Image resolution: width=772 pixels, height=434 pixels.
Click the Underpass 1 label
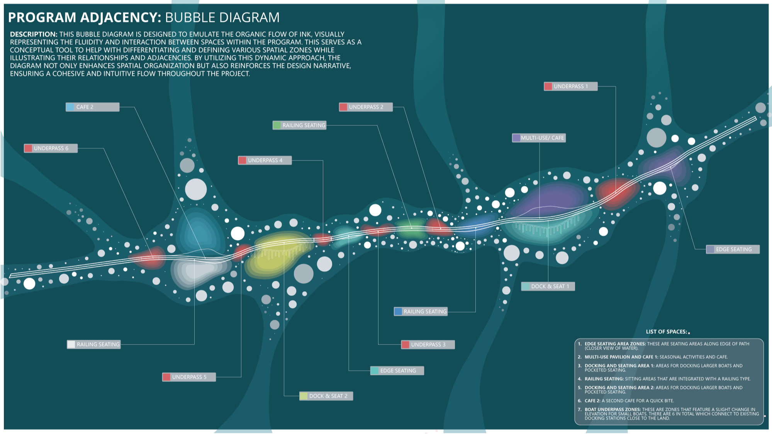[570, 86]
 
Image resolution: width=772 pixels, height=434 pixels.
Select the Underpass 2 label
[366, 107]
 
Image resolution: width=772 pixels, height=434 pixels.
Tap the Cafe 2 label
[92, 107]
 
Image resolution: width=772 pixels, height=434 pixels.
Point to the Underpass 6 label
[51, 148]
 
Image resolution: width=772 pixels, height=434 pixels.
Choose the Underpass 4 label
[265, 160]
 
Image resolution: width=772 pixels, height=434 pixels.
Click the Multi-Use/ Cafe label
[539, 138]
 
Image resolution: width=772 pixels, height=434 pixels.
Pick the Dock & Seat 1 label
[548, 286]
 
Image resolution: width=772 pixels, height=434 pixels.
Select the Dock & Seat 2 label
[326, 396]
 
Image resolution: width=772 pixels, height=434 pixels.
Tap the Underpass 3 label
[428, 344]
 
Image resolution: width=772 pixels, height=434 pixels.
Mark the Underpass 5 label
[189, 377]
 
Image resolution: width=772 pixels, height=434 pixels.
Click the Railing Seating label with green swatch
[300, 125]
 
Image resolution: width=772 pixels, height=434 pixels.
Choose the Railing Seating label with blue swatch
[421, 311]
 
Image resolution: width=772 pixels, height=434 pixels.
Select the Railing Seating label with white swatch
[94, 344]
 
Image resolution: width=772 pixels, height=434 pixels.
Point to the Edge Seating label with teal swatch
[397, 371]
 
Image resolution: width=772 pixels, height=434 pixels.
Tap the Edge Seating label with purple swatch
[733, 249]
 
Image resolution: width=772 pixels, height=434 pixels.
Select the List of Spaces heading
[667, 332]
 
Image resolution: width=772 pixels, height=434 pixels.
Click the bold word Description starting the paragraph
[34, 34]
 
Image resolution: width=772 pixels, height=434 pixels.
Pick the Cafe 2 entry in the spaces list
[629, 401]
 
